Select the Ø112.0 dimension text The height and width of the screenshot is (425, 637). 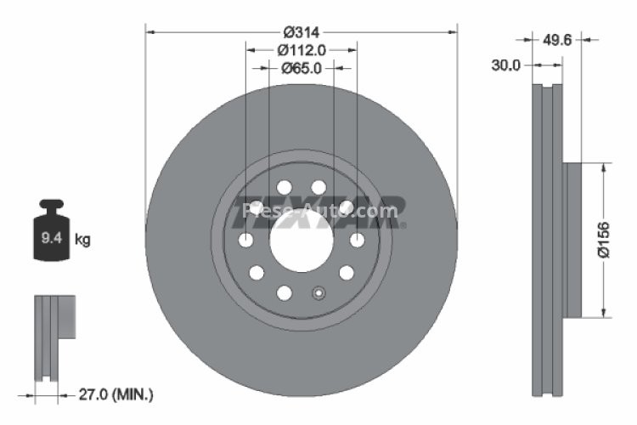coord(302,50)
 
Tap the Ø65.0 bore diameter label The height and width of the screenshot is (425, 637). coord(301,69)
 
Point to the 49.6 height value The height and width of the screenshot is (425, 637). coord(555,38)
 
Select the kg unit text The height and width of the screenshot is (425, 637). coord(82,241)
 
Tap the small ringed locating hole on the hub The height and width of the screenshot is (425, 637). coord(319,294)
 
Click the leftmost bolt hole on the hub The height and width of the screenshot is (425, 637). coord(246,241)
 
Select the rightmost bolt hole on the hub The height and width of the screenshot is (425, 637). coord(357,241)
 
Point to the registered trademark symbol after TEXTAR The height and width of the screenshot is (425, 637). coord(403,225)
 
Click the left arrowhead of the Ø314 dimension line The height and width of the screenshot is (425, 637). coord(151,31)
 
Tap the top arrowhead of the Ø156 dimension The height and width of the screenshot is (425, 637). coord(604,169)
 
